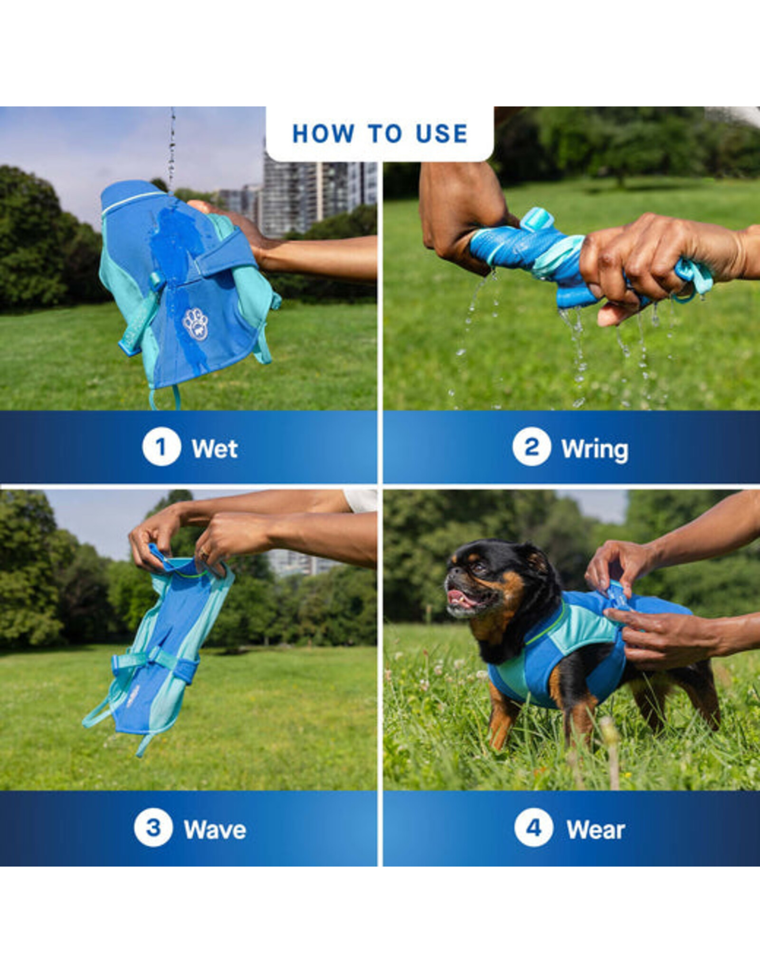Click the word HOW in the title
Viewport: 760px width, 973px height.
pos(323,134)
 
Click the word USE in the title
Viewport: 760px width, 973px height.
pos(441,134)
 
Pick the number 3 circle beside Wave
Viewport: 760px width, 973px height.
pos(152,830)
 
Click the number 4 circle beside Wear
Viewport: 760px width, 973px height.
pos(533,830)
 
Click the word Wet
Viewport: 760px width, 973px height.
pos(214,448)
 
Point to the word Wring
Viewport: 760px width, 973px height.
pos(595,449)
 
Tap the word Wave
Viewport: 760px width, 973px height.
pos(215,830)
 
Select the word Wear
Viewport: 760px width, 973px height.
pos(596,830)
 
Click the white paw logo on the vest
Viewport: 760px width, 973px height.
pos(195,324)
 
